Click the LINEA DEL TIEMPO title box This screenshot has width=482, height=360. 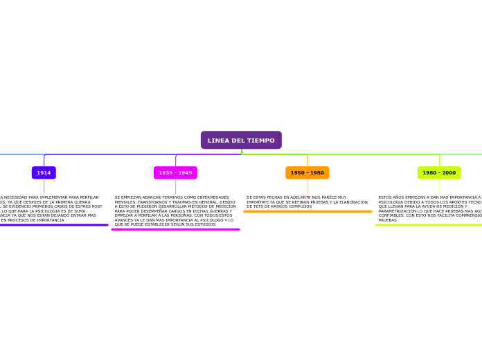click(241, 141)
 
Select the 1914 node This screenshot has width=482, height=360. click(44, 172)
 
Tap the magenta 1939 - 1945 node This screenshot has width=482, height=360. click(175, 172)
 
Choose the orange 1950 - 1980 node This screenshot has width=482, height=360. click(307, 172)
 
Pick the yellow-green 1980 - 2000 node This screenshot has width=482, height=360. click(439, 172)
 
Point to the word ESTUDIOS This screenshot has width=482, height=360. click(205, 224)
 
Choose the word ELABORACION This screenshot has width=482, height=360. click(352, 202)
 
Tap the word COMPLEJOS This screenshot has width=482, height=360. click(298, 206)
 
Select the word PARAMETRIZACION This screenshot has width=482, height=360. click(400, 211)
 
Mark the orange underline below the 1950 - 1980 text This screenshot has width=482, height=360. click(307, 211)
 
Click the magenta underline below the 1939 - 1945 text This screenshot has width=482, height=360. click(175, 229)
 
